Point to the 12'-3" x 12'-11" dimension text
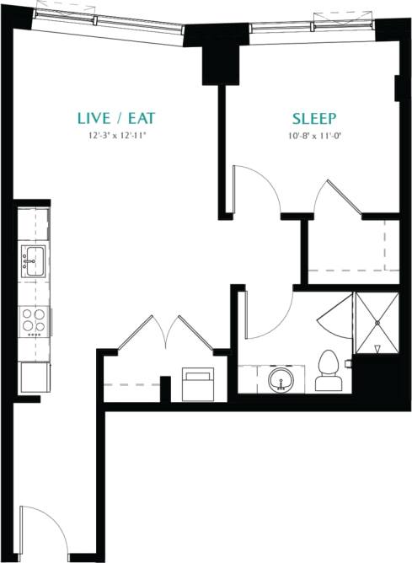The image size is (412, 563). tap(116, 135)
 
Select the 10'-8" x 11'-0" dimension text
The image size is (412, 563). tap(314, 135)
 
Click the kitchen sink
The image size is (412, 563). tap(33, 262)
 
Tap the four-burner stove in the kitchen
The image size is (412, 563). tap(34, 320)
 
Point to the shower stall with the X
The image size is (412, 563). tap(377, 324)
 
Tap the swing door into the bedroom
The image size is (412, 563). tap(257, 187)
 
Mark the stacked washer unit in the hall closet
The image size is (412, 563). tap(199, 385)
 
